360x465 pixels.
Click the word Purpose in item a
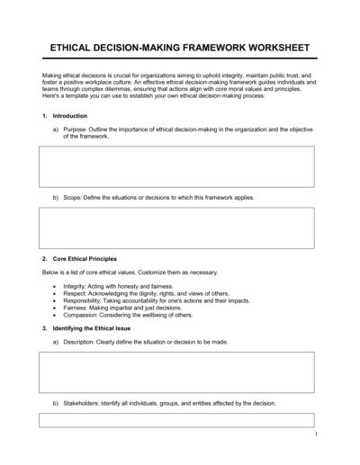coord(76,130)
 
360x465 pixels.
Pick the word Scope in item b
coord(73,196)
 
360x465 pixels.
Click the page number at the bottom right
coord(316,434)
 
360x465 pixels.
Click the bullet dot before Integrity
coord(55,286)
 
